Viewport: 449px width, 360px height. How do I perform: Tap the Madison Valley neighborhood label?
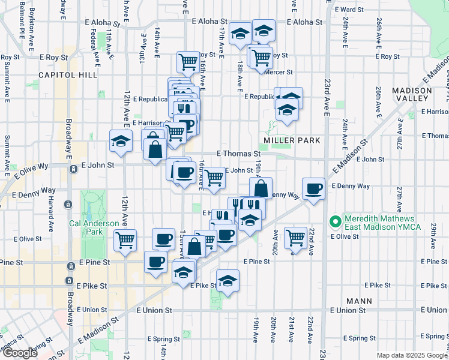412,94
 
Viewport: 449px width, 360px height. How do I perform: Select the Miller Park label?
291,140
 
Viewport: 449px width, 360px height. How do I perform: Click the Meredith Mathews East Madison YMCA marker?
336,221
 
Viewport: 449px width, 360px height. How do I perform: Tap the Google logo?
19,353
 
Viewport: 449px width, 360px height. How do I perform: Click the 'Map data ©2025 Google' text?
412,355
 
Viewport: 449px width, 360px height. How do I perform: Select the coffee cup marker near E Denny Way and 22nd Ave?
313,189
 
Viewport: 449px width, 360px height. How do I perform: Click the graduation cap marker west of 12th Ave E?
121,142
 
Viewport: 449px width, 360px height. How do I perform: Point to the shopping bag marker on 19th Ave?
261,188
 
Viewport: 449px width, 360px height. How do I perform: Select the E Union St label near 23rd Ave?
348,310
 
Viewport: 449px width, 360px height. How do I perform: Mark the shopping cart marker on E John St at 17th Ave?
214,177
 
